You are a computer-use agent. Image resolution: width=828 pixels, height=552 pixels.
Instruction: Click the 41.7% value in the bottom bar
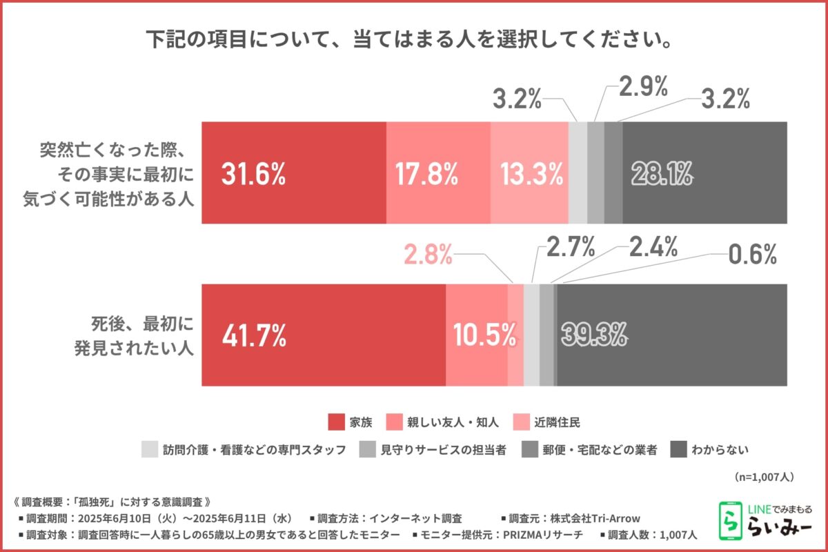tap(254, 335)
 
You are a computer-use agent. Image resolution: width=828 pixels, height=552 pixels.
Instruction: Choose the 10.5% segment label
tap(485, 335)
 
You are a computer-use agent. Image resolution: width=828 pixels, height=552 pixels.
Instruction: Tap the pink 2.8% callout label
tap(427, 256)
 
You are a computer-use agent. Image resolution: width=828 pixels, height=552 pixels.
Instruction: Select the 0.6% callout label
tap(753, 256)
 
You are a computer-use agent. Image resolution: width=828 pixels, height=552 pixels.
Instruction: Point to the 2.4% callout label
tap(652, 246)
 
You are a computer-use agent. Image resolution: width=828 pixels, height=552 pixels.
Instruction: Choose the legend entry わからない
tap(724, 450)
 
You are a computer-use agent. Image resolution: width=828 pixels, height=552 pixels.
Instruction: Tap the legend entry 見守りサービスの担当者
tap(442, 450)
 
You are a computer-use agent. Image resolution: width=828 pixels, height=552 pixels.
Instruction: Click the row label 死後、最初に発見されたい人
tap(134, 335)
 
